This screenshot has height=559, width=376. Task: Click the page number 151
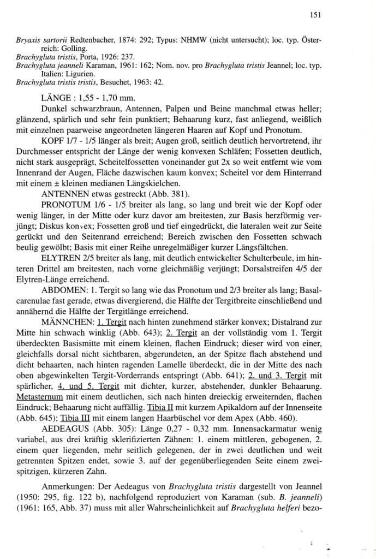314,15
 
